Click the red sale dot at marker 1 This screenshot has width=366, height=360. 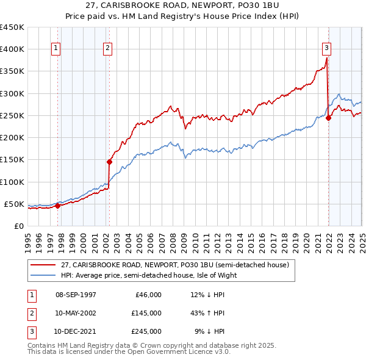point(57,206)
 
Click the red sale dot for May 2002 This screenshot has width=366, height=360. point(110,162)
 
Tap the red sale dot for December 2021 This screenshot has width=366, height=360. point(328,118)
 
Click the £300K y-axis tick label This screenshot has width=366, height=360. point(12,93)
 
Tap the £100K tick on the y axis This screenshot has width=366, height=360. point(12,182)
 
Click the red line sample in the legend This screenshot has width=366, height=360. point(43,265)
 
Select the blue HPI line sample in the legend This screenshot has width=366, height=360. point(43,275)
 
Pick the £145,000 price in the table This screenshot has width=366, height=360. point(146,313)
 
